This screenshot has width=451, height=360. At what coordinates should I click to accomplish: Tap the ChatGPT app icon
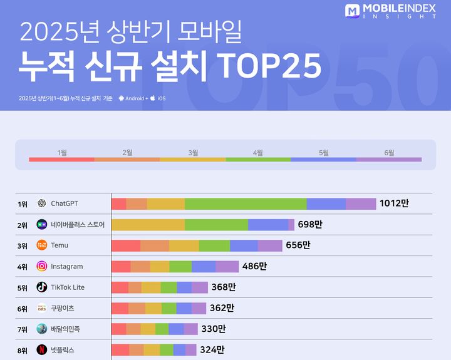point(41,203)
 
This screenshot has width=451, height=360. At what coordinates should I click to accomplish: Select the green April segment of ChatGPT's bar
point(246,203)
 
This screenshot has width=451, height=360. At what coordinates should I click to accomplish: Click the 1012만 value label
point(394,203)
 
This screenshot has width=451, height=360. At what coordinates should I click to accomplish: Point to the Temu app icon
point(41,245)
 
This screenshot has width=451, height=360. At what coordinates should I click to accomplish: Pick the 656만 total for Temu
point(298,245)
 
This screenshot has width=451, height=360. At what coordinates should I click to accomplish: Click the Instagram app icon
point(41,266)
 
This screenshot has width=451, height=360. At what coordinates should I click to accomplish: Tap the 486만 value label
point(254,266)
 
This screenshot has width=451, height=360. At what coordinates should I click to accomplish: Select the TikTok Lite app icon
point(41,287)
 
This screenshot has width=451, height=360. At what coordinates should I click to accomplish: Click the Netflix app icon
point(41,350)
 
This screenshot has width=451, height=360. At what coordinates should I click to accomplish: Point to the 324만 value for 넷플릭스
point(212,350)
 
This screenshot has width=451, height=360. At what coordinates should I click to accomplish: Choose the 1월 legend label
point(62,153)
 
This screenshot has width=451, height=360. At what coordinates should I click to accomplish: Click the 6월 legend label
point(389,153)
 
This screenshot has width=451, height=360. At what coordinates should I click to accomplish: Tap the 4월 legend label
point(258,153)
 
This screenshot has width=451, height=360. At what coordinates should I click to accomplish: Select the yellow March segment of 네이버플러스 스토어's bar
point(148,225)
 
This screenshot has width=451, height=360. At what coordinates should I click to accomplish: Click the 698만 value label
point(310,225)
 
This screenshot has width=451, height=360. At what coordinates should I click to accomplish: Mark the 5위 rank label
point(23,287)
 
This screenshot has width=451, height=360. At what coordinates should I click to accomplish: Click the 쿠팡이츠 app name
point(63,308)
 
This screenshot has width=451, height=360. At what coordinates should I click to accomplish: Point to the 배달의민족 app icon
point(41,329)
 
